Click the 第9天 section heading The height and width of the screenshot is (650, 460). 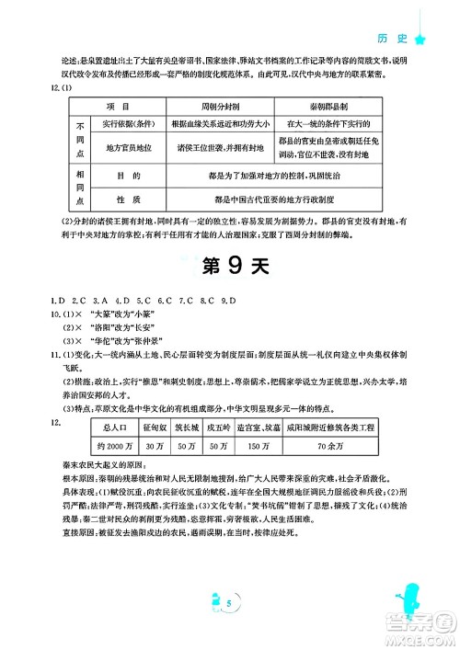230,266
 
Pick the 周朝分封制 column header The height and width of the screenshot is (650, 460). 213,107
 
